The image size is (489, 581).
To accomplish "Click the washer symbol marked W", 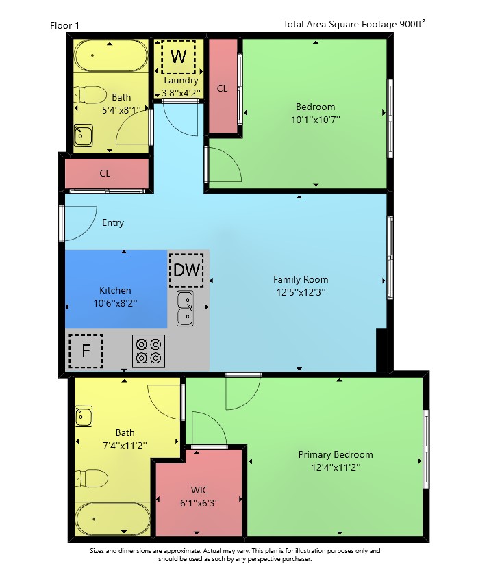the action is (x=178, y=57).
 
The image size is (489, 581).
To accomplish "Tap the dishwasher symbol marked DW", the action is (x=186, y=270).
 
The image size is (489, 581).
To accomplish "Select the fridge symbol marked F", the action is (x=86, y=351).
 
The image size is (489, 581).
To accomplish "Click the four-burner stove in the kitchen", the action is (x=149, y=351).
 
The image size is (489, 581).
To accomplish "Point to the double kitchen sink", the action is (x=185, y=308).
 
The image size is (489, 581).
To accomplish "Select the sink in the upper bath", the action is (x=84, y=135).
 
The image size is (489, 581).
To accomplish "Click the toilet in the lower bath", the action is (x=91, y=478).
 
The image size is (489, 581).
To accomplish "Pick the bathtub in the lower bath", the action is (x=113, y=519).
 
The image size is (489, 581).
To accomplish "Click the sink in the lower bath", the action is (x=84, y=416).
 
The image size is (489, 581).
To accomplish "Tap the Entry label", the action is (x=113, y=222).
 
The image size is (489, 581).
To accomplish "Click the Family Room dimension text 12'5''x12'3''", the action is (x=301, y=292).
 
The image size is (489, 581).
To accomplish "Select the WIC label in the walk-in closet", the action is (x=199, y=490).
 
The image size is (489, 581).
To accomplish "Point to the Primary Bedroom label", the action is (x=336, y=454).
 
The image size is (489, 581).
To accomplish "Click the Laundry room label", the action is (x=181, y=80).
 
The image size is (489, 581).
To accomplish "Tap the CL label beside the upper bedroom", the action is (x=222, y=88).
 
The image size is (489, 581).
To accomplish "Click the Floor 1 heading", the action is (x=64, y=25).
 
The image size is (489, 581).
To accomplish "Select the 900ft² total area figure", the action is (x=412, y=24).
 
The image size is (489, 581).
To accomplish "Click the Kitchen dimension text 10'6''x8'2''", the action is (x=115, y=303).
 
